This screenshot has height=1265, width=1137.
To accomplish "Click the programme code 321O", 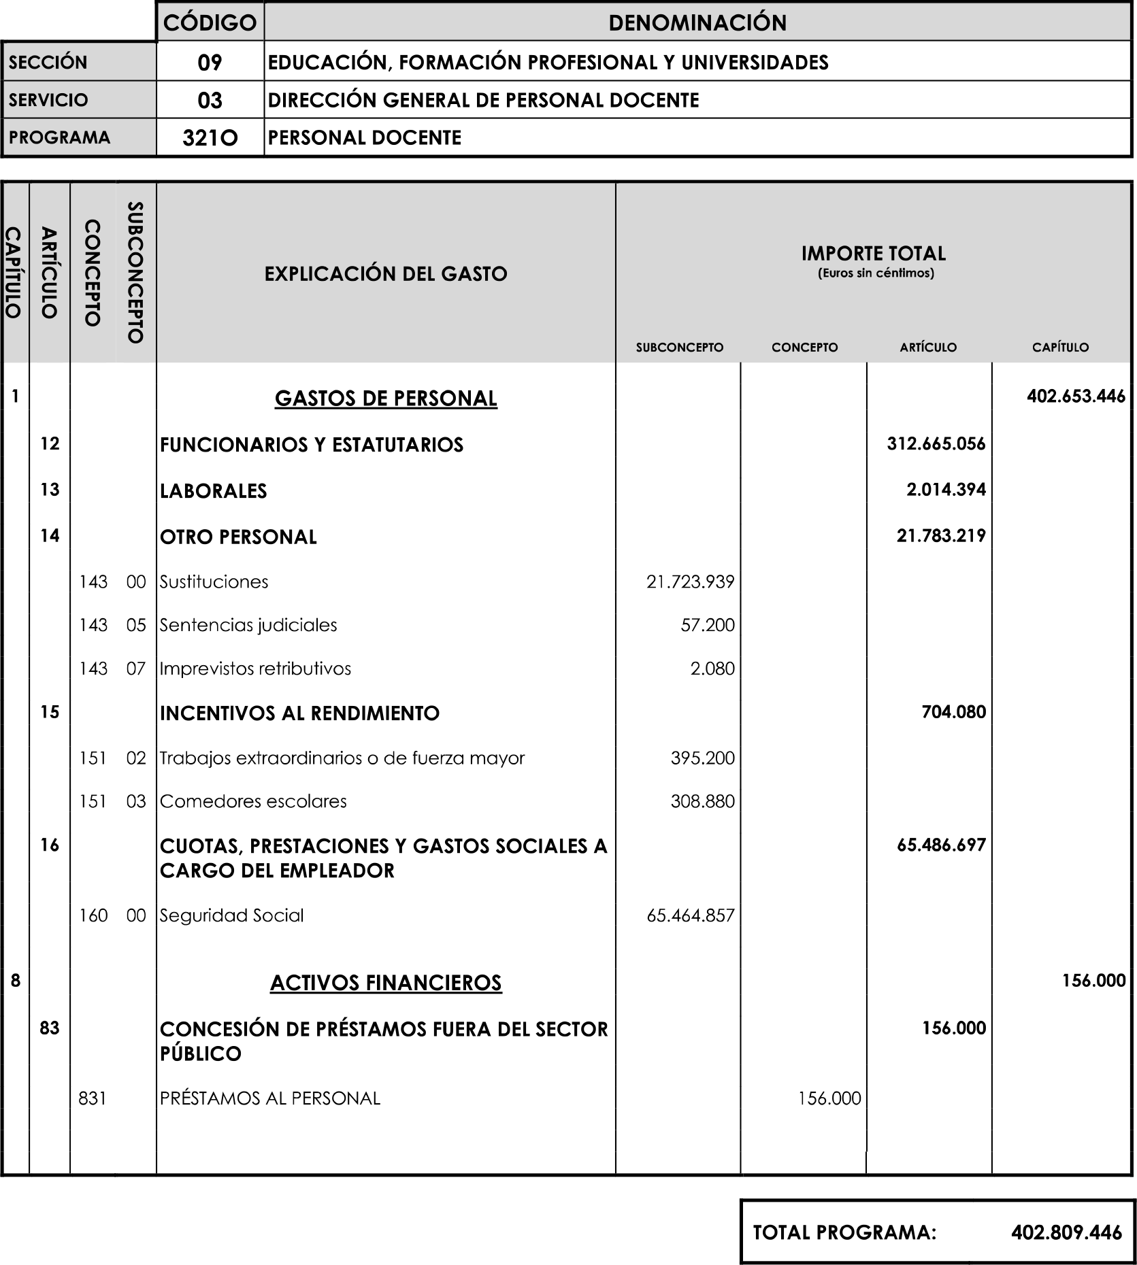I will (210, 138).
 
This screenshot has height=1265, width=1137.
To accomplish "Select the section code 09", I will (210, 63).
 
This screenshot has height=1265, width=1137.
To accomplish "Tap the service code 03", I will (210, 101).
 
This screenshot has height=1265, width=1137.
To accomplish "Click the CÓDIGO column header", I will (210, 23).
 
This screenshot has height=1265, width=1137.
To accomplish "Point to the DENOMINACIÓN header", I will (697, 23).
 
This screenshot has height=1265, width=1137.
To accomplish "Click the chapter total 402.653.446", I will (1076, 397).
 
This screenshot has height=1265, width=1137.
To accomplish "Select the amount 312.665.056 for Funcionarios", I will (936, 444).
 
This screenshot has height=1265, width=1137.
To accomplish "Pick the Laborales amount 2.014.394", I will (946, 490).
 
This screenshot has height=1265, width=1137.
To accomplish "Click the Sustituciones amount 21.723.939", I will (690, 582).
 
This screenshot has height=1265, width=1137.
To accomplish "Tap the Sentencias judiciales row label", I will (248, 626).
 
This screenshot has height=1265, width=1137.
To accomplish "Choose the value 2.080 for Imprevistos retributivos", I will (712, 669).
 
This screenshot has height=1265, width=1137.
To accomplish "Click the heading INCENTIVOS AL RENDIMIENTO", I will (299, 713).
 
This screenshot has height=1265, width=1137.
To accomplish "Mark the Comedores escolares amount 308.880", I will (702, 802).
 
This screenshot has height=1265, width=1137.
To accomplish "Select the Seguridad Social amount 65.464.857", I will (690, 915).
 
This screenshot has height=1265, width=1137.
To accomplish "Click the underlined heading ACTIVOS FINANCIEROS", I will (386, 983).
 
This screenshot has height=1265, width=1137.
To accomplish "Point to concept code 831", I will (93, 1098).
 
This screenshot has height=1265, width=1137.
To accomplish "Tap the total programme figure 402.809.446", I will (1066, 1232).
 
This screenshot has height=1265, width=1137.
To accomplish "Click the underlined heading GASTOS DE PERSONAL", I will (386, 399).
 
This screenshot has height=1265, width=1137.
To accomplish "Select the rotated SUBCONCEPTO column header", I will (135, 272).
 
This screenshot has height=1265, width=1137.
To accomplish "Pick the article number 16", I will (50, 845).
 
